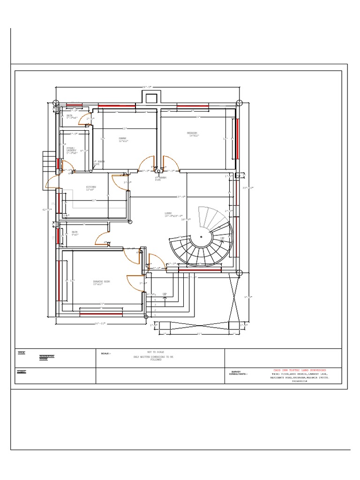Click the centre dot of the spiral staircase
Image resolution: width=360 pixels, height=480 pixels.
pyautogui.click(x=201, y=236)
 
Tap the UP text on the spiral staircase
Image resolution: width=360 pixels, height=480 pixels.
pyautogui.click(x=223, y=239)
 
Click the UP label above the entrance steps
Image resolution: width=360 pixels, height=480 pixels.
pyautogui.click(x=165, y=294)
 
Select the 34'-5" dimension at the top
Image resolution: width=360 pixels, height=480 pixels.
pyautogui.click(x=147, y=88)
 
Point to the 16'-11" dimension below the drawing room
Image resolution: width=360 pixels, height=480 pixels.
pyautogui.click(x=102, y=323)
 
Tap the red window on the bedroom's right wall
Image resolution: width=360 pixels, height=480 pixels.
pyautogui.click(x=237, y=139)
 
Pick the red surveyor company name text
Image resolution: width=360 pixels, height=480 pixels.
pyautogui.click(x=300, y=370)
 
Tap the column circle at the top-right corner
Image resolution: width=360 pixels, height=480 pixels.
pyautogui.click(x=239, y=103)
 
